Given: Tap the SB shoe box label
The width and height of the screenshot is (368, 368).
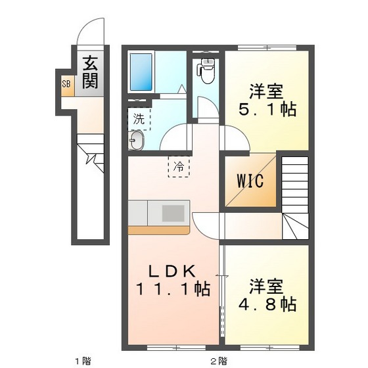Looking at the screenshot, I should click(x=66, y=83).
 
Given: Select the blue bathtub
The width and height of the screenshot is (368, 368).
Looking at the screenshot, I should click(x=141, y=72).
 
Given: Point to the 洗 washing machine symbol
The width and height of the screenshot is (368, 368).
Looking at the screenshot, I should click(x=138, y=119).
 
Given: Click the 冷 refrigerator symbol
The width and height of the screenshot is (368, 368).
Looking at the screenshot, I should click(x=179, y=166).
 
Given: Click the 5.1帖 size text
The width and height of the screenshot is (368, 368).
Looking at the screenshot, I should click(x=267, y=109).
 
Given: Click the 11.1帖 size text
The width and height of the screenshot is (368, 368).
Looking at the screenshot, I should click(x=173, y=288).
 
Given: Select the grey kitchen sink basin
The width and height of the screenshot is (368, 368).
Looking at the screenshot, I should click(x=174, y=213).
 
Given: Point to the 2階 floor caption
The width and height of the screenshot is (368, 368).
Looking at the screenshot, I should click(x=219, y=359).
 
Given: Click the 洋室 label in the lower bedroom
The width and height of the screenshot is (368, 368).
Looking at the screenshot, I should click(x=266, y=287).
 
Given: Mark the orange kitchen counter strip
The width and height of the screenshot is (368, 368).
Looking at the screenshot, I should click(x=158, y=230).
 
